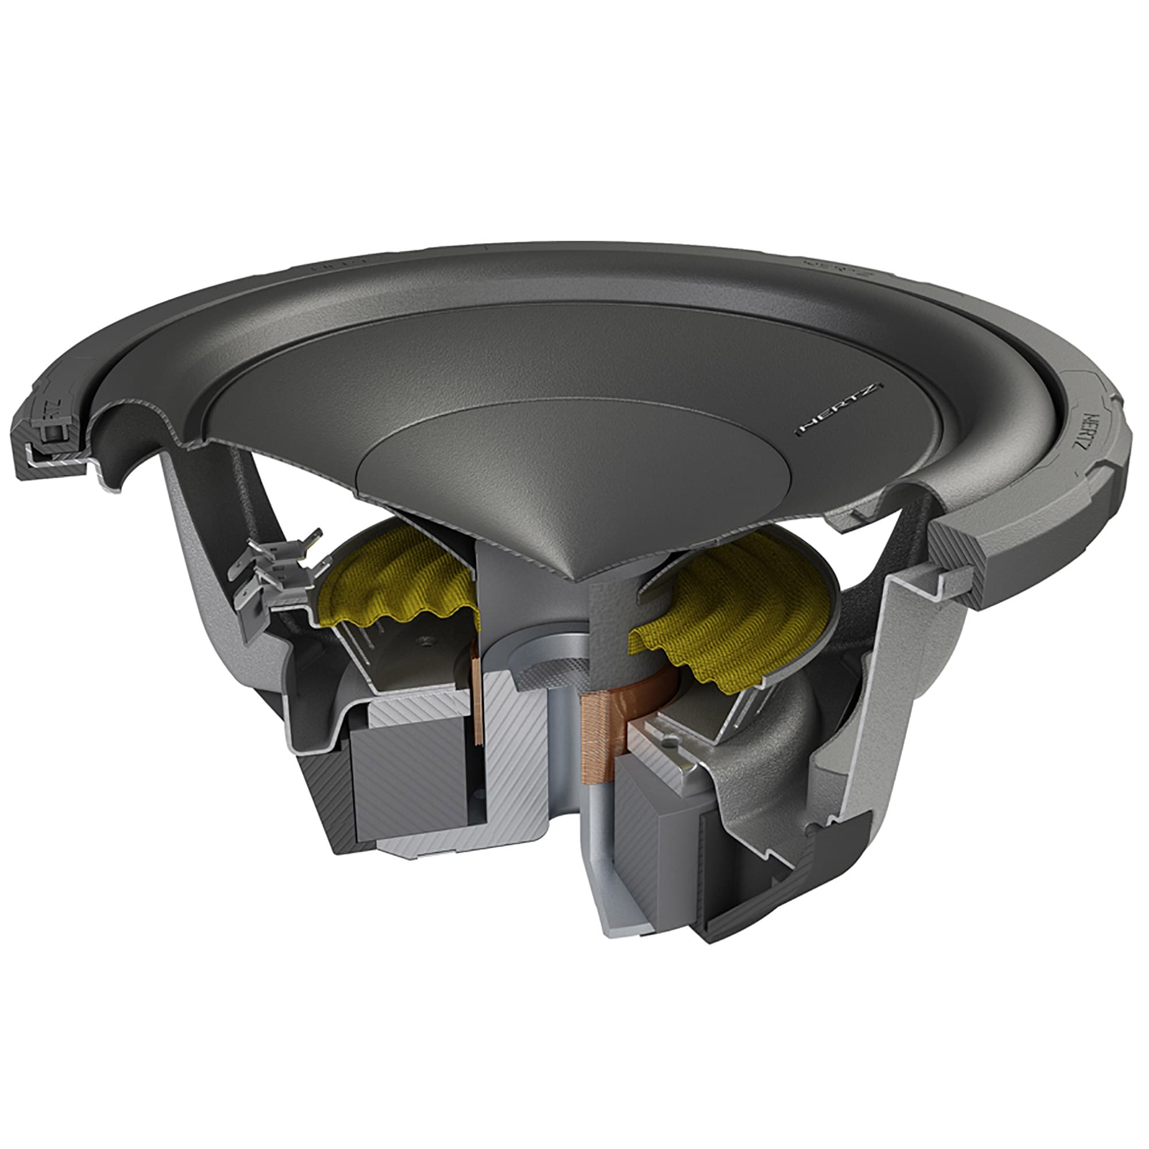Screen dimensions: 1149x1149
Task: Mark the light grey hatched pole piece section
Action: [x=506, y=761]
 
